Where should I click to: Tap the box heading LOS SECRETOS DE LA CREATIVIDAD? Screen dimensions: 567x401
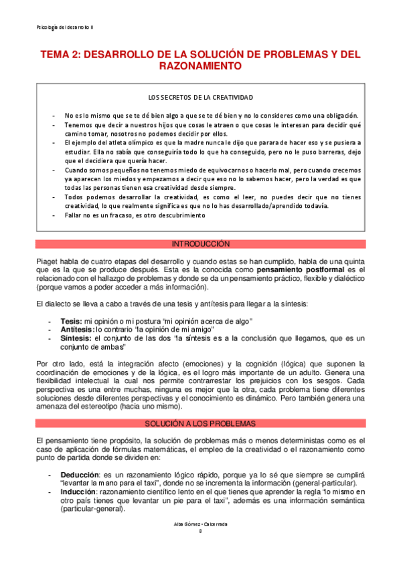pyautogui.click(x=200, y=97)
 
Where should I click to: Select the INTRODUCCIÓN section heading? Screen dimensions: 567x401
pyautogui.click(x=200, y=243)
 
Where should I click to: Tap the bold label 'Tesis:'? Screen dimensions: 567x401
pyautogui.click(x=72, y=321)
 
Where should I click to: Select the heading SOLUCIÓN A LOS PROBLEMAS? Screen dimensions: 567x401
pyautogui.click(x=200, y=424)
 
